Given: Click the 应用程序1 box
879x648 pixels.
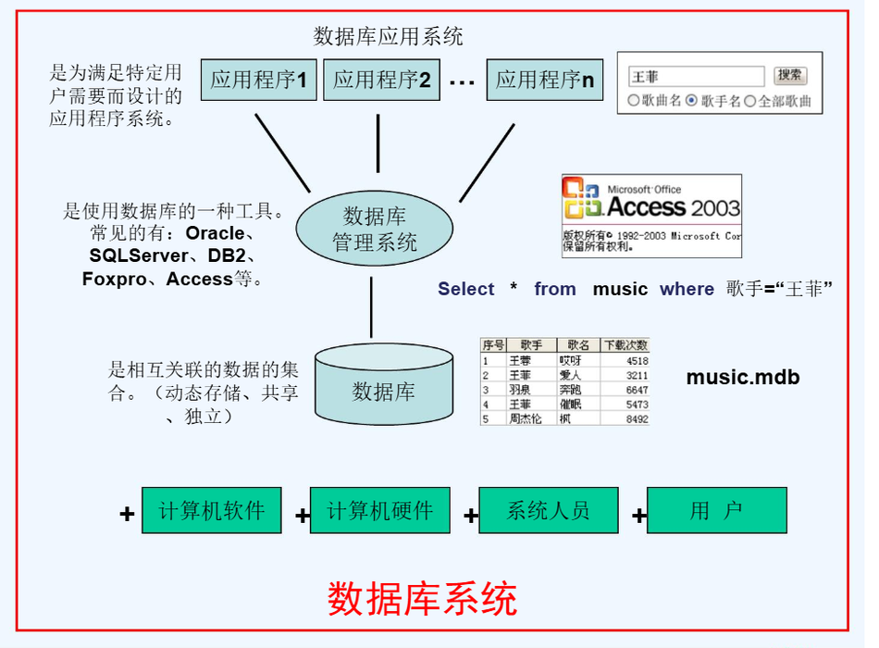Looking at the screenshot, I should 258,80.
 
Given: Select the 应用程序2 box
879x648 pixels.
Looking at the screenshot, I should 381,80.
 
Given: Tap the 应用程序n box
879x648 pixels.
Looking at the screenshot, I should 544,80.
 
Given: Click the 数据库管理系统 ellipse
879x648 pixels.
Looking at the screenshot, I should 375,230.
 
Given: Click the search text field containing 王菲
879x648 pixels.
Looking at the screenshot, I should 696,77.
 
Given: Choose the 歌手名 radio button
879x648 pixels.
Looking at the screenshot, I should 691,101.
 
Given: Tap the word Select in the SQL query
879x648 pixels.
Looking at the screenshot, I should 466,289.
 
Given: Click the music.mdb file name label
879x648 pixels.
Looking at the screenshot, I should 742,377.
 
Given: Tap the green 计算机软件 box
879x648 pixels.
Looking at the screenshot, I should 211,510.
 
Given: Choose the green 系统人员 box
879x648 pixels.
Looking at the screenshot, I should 548,510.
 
